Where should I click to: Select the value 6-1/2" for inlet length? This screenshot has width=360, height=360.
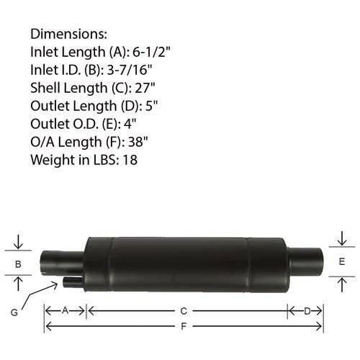(x=151, y=52)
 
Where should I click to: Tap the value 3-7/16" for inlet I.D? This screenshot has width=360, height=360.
(x=130, y=70)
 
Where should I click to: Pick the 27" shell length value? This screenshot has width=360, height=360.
(x=145, y=88)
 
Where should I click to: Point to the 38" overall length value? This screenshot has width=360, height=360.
(x=138, y=142)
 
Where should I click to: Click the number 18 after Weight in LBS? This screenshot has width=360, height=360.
(x=130, y=160)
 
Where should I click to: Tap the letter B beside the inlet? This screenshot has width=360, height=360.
(x=18, y=264)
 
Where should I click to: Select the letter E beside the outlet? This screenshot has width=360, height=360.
(x=342, y=261)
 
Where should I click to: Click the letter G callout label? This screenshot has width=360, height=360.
(x=14, y=312)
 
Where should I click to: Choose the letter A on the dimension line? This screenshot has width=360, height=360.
(x=66, y=310)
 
